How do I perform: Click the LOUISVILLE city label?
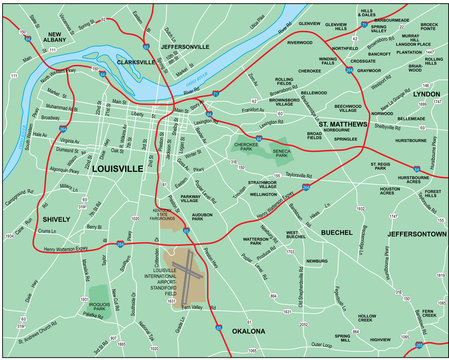(119, 170)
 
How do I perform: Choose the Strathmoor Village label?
(262, 186)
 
